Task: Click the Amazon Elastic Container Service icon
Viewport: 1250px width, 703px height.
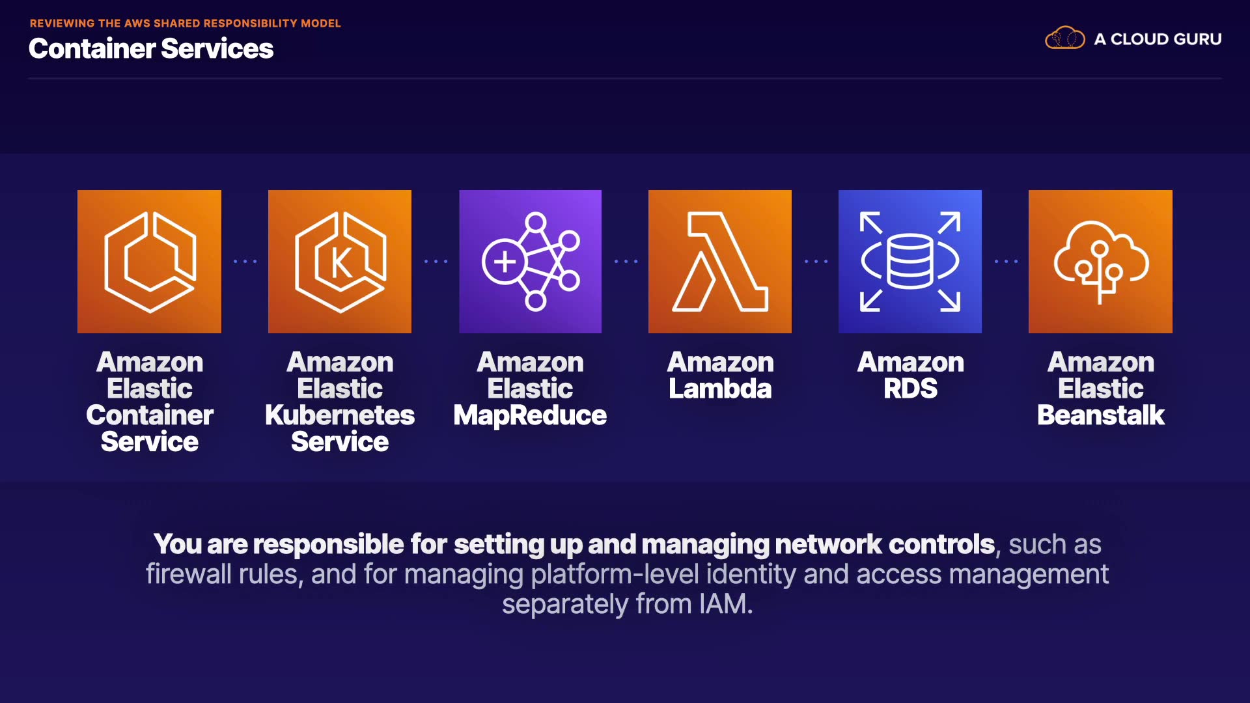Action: tap(149, 262)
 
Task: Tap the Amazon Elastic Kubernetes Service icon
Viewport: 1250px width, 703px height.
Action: tap(340, 262)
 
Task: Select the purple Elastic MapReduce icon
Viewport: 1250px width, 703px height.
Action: tap(530, 262)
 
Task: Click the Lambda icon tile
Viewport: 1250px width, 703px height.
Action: tap(720, 262)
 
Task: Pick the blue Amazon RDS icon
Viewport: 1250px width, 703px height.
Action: tap(910, 262)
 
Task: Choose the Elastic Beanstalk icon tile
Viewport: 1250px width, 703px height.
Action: tap(1100, 262)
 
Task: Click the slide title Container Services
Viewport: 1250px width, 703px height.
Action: tap(151, 49)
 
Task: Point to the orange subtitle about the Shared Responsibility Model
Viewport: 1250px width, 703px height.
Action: tap(185, 23)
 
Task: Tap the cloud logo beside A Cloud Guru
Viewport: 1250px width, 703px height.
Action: tap(1065, 38)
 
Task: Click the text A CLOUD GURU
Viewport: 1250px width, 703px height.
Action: tap(1158, 39)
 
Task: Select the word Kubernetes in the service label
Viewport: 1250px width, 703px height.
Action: tap(340, 415)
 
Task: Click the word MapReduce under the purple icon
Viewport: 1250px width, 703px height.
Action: tap(530, 415)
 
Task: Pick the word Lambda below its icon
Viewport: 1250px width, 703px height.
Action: tap(720, 389)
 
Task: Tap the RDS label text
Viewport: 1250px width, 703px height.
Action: tap(910, 389)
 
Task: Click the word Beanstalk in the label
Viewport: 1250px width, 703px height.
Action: tap(1100, 415)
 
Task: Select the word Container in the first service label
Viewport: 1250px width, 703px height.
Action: tap(150, 415)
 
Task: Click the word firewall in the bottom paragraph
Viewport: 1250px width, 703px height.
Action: tap(188, 574)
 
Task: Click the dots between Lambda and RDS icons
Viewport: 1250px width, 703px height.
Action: tap(816, 262)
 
